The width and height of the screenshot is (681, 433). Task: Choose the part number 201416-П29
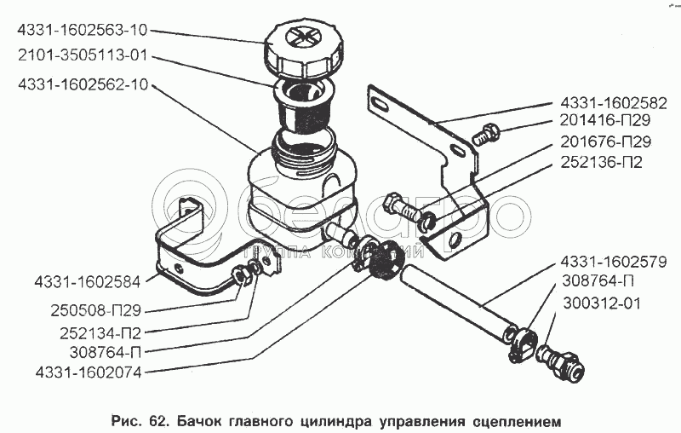pos(605,122)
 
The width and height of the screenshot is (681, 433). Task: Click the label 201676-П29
pos(605,141)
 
